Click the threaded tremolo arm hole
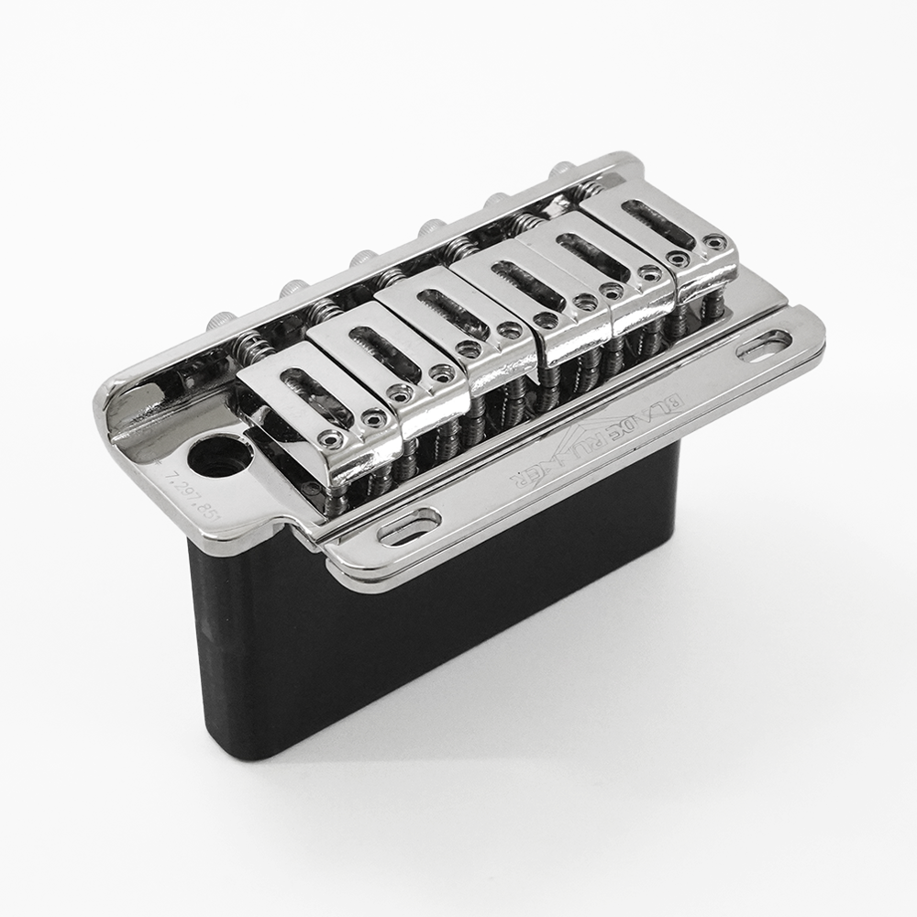pos(221,456)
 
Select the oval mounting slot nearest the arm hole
pos(409,528)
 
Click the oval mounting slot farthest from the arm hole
pos(763,346)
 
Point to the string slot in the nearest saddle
pos(307,390)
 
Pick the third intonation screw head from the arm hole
pos(362,258)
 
